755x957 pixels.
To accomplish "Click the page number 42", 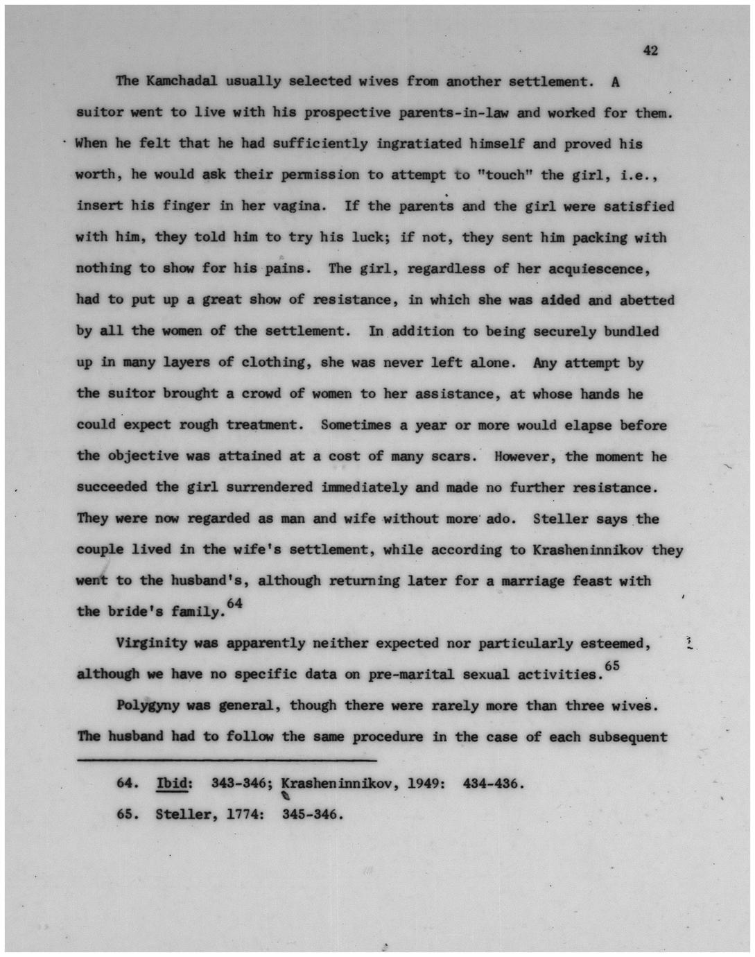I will pos(650,50).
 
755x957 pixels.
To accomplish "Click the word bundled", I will pos(631,331).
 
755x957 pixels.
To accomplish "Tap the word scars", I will pos(453,456).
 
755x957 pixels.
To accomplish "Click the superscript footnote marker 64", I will pos(235,603).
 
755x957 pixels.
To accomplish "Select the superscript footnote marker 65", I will pos(611,666).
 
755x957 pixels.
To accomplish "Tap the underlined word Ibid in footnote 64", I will pos(173,784).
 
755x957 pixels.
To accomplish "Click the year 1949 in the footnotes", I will pos(423,784).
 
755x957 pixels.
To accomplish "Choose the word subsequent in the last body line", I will pos(627,736).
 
